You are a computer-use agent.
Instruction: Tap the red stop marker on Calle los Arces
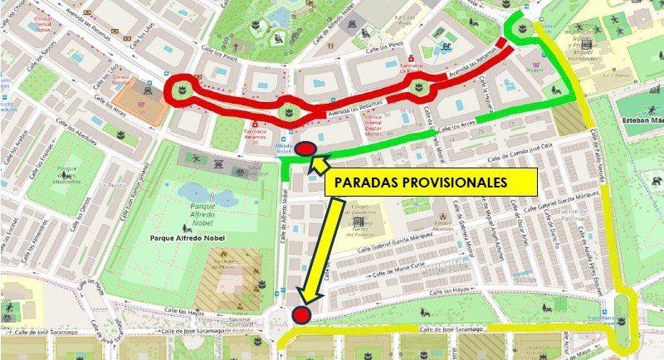306,149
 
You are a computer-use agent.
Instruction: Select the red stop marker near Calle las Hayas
300,314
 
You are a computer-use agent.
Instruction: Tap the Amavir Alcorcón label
442,224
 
